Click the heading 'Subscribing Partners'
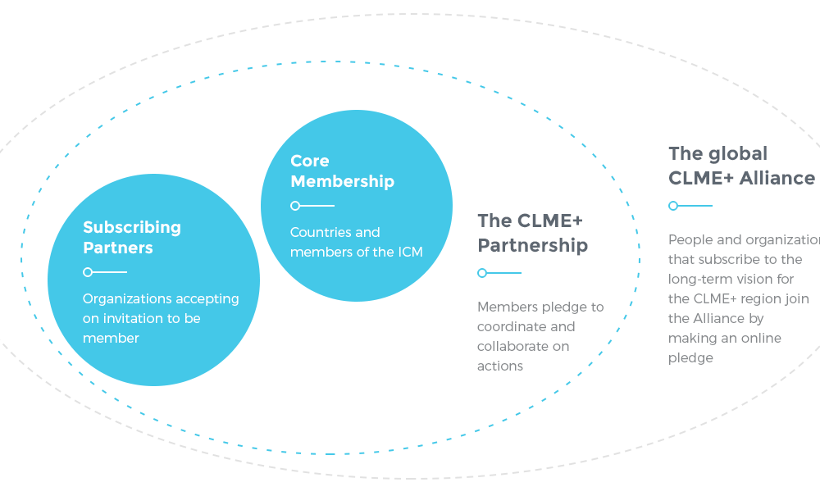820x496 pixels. tap(131, 238)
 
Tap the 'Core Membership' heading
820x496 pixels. tap(342, 171)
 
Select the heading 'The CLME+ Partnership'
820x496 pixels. tap(532, 233)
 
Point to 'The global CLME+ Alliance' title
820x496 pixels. tap(741, 166)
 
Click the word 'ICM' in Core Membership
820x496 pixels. tap(410, 253)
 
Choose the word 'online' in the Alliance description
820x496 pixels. tap(758, 338)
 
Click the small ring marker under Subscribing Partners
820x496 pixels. tap(88, 272)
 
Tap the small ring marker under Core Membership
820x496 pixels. tap(295, 206)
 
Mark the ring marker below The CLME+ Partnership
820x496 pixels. tap(482, 273)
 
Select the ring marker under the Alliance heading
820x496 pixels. tap(673, 206)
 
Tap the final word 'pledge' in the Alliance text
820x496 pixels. tap(690, 357)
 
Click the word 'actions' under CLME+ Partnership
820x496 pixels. tap(499, 366)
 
